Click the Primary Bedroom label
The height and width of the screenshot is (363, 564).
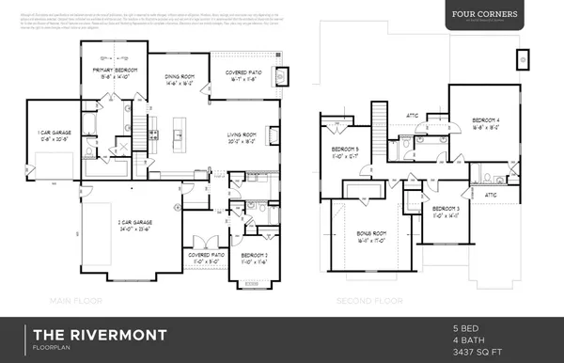113,71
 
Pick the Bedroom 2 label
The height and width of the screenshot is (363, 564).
255,256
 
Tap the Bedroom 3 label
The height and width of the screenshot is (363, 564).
446,209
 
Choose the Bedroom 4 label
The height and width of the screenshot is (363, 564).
486,121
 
